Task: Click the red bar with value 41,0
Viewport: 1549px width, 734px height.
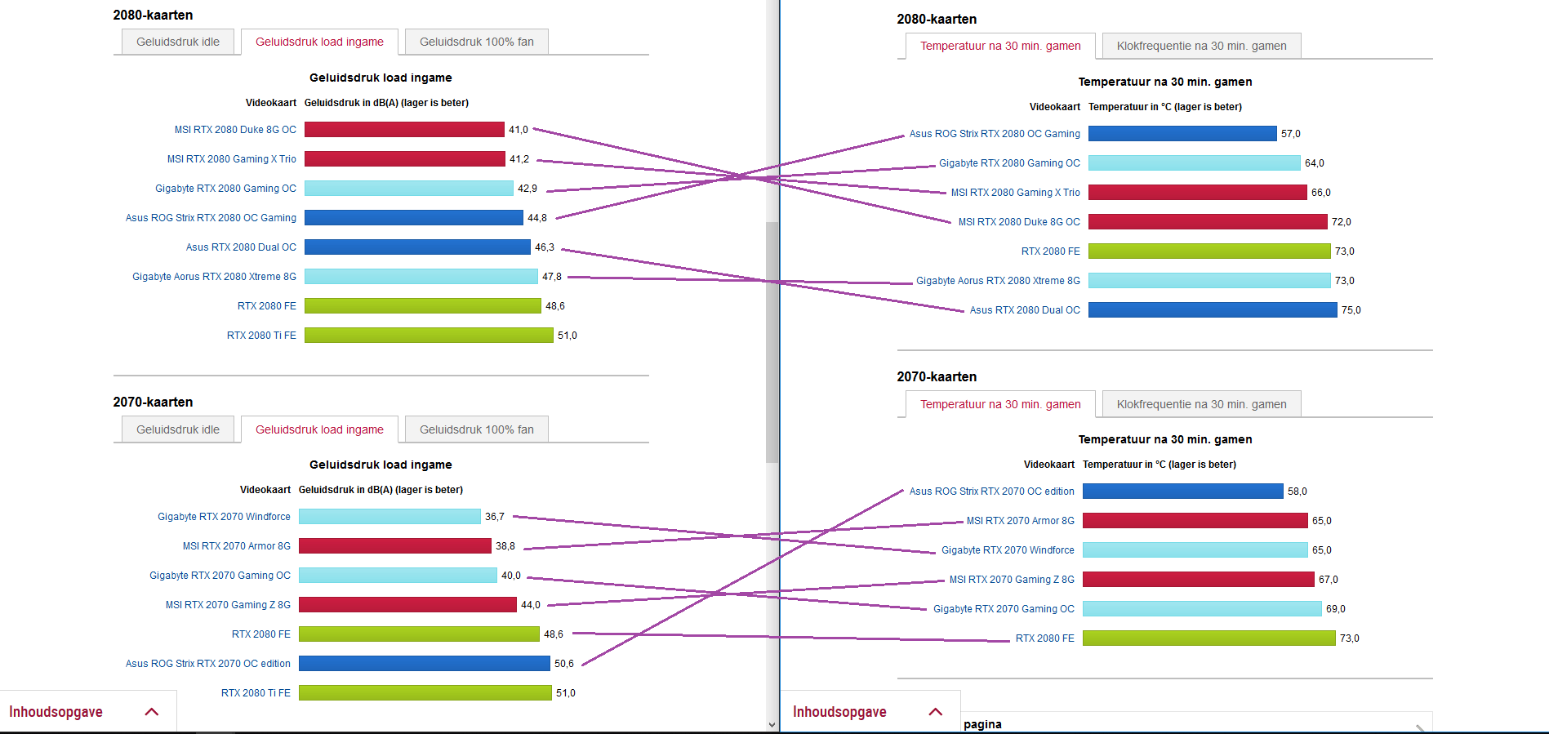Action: [x=404, y=130]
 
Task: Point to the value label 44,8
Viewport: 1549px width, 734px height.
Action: [x=536, y=218]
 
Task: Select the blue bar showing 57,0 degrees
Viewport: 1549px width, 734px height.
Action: [x=1182, y=134]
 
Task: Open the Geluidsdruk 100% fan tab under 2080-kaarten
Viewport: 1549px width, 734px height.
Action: [x=476, y=42]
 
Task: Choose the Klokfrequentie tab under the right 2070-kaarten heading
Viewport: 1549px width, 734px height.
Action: [x=1201, y=404]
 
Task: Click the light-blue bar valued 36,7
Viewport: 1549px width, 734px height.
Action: [x=389, y=517]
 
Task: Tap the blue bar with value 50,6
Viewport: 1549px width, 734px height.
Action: [x=424, y=664]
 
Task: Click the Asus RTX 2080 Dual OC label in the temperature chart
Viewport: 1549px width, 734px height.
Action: [x=1024, y=310]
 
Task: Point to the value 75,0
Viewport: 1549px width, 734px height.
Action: [x=1351, y=310]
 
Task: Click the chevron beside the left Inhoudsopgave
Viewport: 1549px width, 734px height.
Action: [x=151, y=712]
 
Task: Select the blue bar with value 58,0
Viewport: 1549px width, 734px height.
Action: [x=1182, y=492]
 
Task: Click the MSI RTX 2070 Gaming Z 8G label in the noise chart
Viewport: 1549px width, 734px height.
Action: [x=228, y=605]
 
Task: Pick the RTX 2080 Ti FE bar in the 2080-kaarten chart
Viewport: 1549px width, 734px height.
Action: [x=429, y=336]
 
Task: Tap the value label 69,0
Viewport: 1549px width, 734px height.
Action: [x=1335, y=609]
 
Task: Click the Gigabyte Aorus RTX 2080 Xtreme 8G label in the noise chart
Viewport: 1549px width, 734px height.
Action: [x=214, y=277]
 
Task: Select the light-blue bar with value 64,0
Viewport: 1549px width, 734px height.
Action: [x=1194, y=163]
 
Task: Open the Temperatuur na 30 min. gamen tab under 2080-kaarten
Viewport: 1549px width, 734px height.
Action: [x=1000, y=47]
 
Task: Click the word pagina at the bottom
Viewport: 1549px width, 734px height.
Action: [x=982, y=724]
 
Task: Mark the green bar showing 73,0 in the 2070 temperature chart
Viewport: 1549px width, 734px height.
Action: [x=1208, y=638]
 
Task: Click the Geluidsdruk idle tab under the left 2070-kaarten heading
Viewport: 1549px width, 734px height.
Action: [x=177, y=429]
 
